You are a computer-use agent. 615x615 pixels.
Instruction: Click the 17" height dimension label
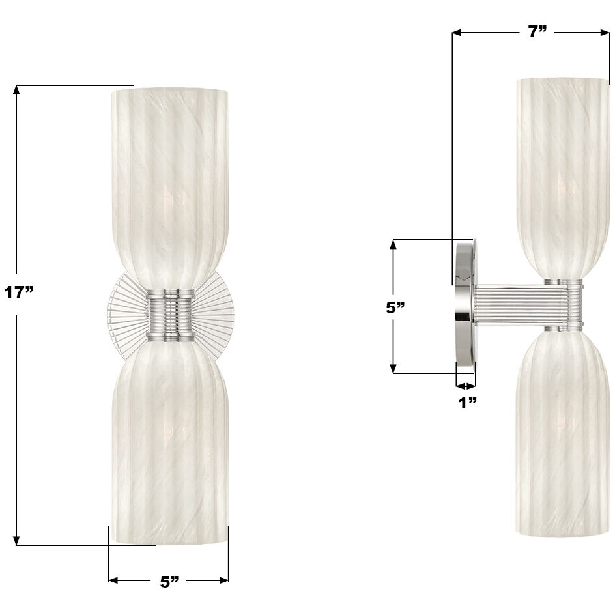coord(18,293)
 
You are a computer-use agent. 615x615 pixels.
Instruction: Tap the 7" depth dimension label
coord(537,32)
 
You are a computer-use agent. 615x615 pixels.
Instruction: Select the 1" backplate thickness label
coord(466,403)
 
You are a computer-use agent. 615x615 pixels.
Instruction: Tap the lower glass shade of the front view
coord(169,443)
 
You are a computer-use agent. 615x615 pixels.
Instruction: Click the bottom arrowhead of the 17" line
coord(17,540)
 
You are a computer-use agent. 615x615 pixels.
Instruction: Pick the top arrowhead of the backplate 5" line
coord(393,245)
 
